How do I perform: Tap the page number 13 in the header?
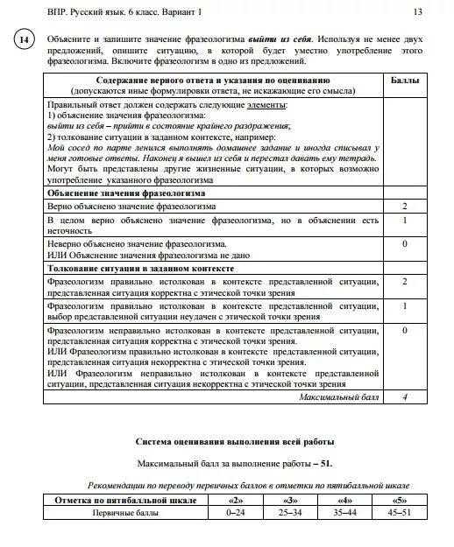click(417, 11)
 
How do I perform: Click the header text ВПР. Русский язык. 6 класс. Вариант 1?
click(110, 11)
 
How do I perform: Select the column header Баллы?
click(404, 81)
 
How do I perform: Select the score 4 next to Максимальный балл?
click(404, 396)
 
